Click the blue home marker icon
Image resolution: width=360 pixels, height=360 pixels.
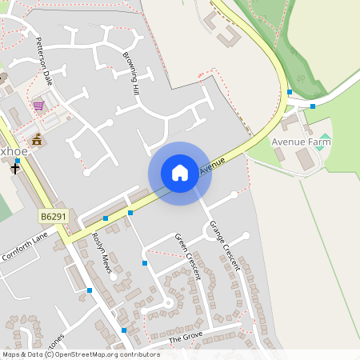click(180, 172)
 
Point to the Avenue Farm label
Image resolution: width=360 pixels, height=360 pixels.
click(301, 142)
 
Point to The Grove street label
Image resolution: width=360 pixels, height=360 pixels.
click(187, 339)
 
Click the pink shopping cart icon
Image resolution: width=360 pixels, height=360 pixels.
click(38, 105)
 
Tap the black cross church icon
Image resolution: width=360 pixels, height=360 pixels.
click(15, 169)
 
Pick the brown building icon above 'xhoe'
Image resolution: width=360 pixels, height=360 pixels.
click(36, 140)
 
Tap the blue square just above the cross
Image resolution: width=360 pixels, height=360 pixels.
click(18, 161)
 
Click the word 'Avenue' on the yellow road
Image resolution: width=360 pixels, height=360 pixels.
click(213, 165)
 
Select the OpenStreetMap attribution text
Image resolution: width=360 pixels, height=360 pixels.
click(80, 354)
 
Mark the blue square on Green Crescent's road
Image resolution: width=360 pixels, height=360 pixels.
click(145, 262)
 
